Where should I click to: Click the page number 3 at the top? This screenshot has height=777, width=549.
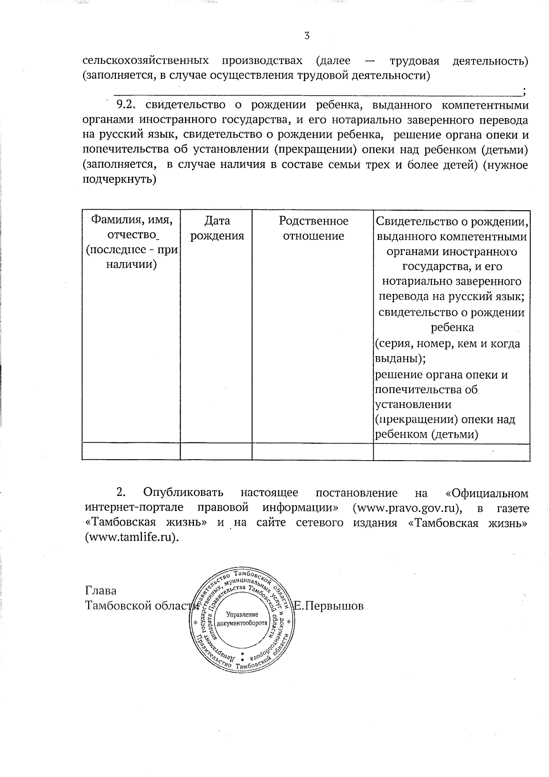[x=307, y=35]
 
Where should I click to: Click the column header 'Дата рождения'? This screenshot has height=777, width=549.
[x=217, y=228]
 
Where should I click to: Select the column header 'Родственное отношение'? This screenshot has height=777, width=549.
[x=313, y=228]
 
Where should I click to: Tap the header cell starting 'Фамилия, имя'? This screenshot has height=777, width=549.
[x=132, y=242]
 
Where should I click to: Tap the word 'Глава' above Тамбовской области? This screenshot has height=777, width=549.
[x=101, y=591]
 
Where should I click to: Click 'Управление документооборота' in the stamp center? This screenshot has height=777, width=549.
[x=242, y=619]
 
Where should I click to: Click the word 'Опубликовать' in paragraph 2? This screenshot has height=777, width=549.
[x=183, y=493]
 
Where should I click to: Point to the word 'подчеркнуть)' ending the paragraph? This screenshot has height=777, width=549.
[x=119, y=179]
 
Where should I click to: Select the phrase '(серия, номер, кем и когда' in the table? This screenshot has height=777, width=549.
[x=447, y=343]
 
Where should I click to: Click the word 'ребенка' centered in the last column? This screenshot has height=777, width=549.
[x=452, y=328]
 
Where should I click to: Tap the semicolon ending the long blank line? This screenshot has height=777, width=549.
[x=523, y=91]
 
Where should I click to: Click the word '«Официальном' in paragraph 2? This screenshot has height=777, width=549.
[x=486, y=493]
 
